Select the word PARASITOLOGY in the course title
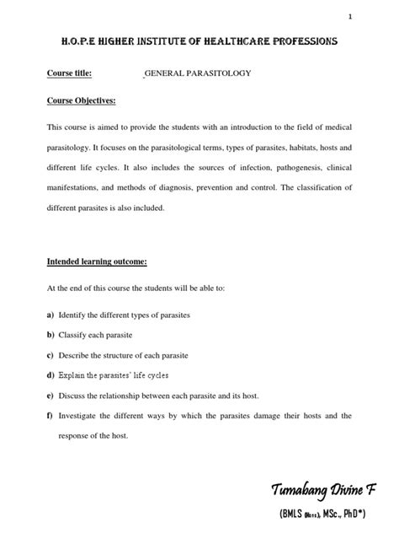click(x=221, y=73)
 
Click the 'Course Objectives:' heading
click(x=81, y=100)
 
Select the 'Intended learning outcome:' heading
click(x=96, y=261)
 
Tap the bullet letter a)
click(x=51, y=315)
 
